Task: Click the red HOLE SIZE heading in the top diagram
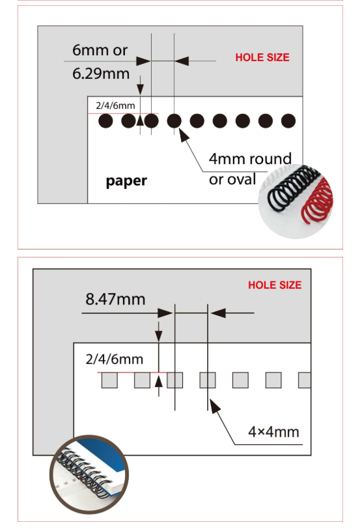click(262, 57)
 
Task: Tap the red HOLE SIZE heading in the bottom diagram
click(275, 285)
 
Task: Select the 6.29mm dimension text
click(101, 74)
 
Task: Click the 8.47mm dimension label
click(115, 299)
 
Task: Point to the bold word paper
click(126, 181)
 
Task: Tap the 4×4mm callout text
click(273, 432)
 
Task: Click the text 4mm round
click(250, 158)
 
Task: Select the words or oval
click(232, 179)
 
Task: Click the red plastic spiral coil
click(317, 202)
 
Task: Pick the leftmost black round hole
click(105, 121)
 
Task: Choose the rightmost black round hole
click(288, 121)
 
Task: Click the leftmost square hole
click(109, 380)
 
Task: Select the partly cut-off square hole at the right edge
click(305, 380)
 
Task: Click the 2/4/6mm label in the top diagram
click(115, 106)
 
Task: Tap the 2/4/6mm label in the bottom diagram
click(115, 359)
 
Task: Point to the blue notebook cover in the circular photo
click(107, 458)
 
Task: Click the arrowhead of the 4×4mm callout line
click(214, 406)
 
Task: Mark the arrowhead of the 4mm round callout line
click(184, 134)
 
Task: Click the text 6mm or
click(100, 50)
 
